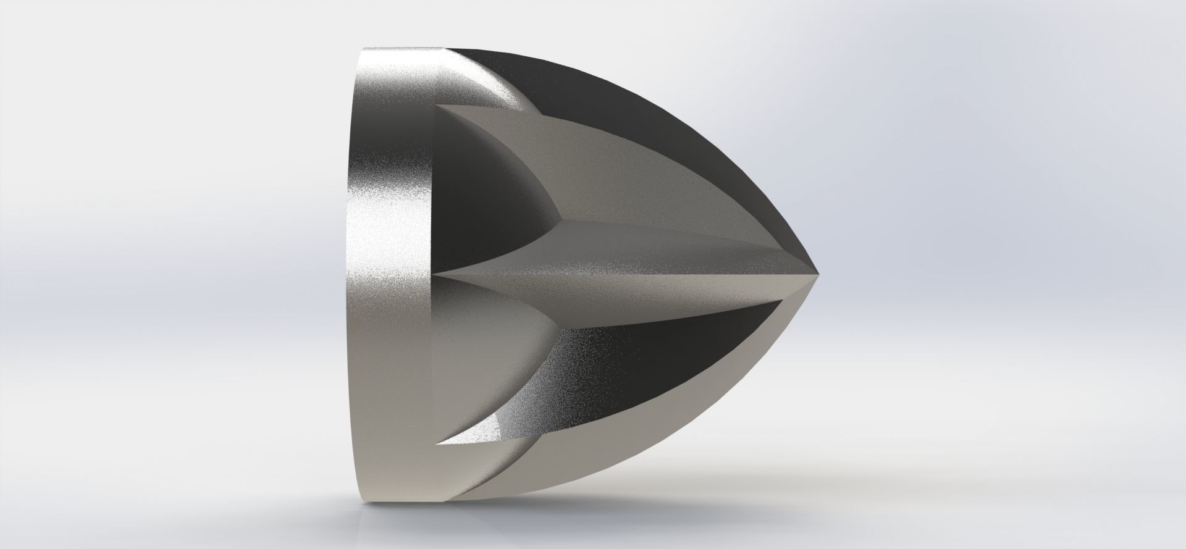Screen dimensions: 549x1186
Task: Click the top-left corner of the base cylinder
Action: (x=364, y=49)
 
